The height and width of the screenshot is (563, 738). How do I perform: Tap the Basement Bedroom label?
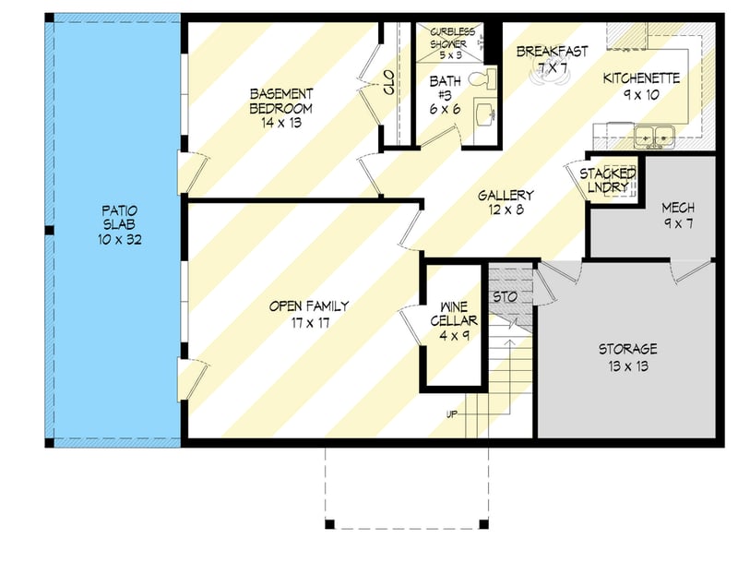coord(281,101)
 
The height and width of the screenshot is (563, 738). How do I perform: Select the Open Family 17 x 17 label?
coord(309,315)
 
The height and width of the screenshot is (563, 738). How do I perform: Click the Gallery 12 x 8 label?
coord(506,203)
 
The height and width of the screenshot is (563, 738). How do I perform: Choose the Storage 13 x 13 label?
coord(627,357)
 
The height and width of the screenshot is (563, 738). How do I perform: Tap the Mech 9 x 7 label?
coord(678,215)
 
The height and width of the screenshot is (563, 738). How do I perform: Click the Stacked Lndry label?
coord(607,180)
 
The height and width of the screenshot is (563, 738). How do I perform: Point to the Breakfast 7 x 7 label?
coord(552,59)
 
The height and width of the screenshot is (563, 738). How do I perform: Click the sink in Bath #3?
coord(484,115)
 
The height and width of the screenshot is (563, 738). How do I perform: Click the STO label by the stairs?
coord(504,297)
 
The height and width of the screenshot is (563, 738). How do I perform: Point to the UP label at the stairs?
coord(452,413)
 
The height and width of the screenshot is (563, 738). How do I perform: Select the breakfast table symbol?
coord(551,76)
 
